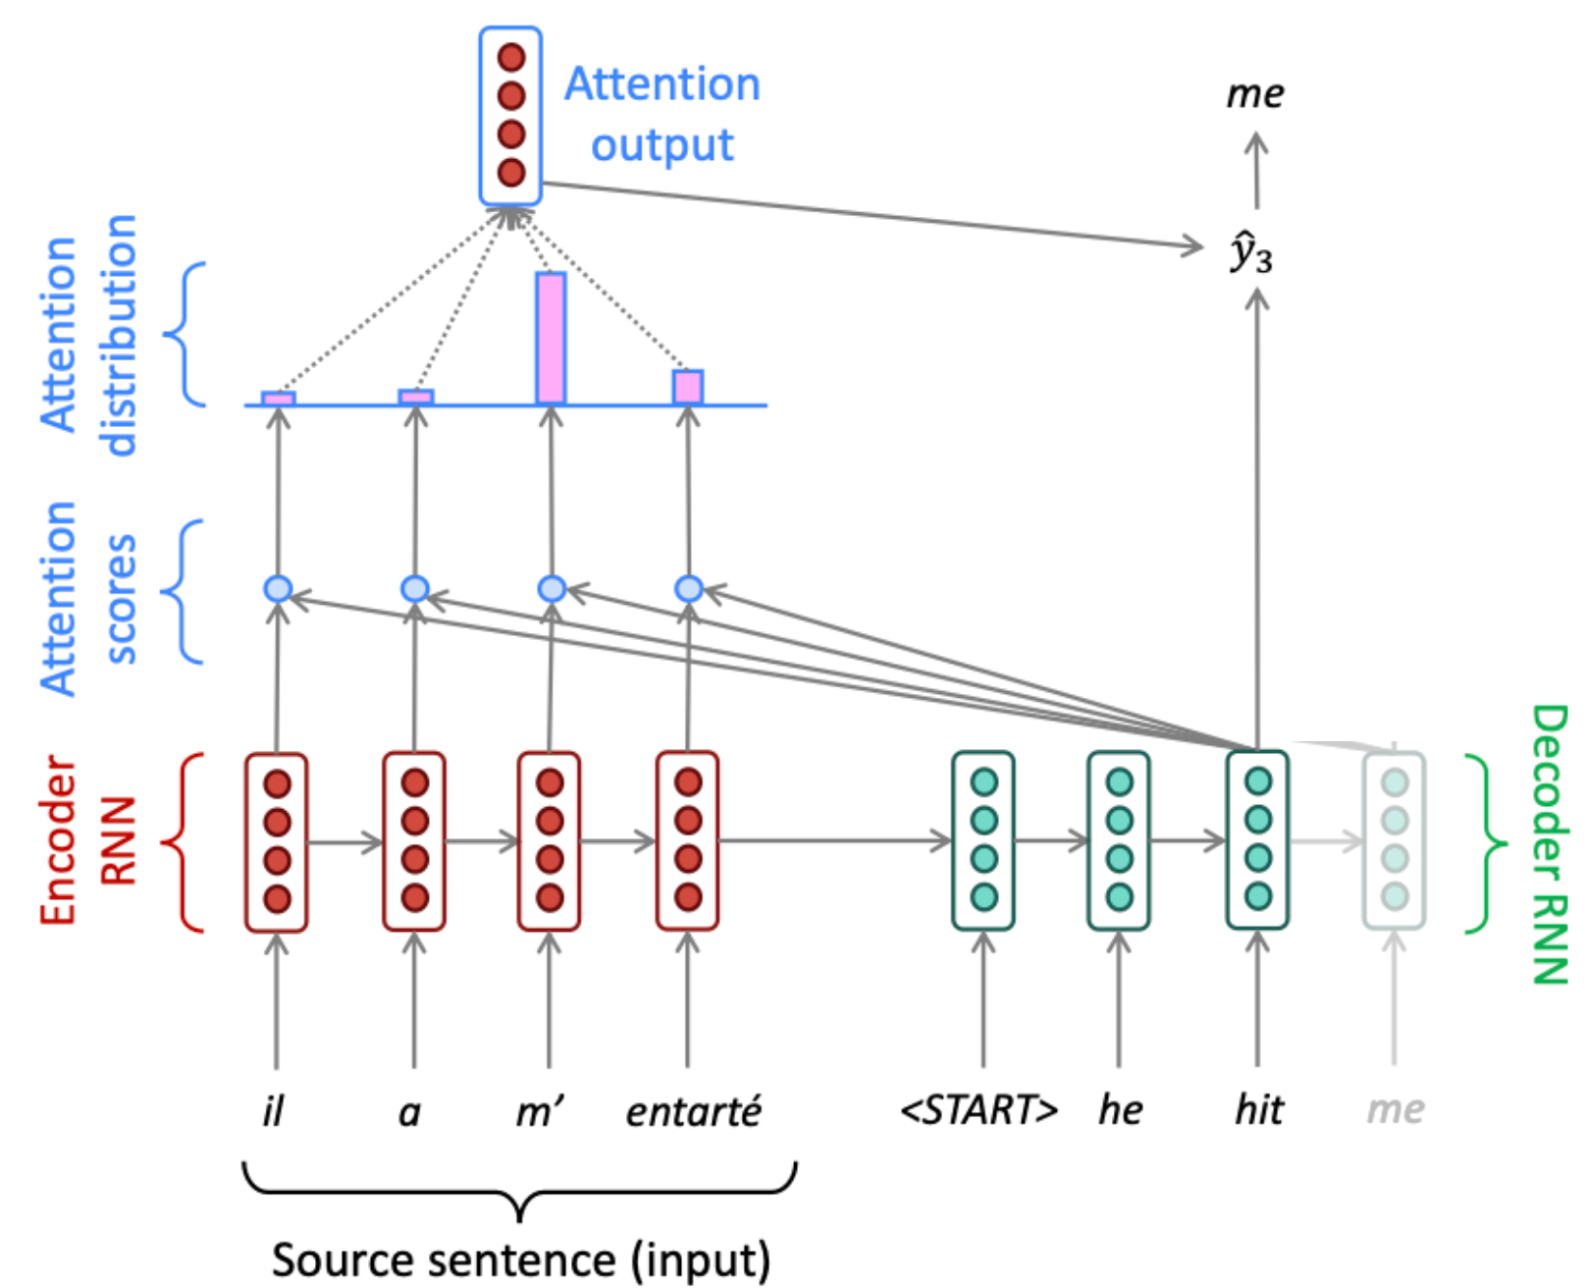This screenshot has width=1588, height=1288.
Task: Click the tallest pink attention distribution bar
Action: (551, 338)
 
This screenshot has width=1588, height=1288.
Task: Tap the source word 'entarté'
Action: (693, 1111)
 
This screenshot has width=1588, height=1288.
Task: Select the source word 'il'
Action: (273, 1111)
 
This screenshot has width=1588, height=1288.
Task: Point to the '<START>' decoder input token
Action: (979, 1110)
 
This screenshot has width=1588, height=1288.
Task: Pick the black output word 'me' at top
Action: (1254, 94)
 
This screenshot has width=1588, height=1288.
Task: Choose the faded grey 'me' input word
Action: (1395, 1109)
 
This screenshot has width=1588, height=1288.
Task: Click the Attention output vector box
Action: (510, 116)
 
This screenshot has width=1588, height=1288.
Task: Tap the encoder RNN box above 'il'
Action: (277, 841)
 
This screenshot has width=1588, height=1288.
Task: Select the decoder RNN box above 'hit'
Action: (1257, 840)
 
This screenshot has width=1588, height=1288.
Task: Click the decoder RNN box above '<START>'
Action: (983, 840)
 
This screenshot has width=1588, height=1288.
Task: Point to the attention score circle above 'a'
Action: (415, 589)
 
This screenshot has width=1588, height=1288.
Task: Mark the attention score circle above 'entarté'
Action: (689, 589)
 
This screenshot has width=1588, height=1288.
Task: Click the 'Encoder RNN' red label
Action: (86, 840)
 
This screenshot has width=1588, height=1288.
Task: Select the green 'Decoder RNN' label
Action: (1550, 844)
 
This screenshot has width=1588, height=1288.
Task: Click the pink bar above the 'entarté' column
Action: (688, 387)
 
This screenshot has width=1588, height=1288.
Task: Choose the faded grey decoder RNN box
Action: (1394, 840)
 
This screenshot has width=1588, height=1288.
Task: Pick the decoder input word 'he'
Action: (1120, 1110)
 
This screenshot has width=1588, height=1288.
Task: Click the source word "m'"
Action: (540, 1111)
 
